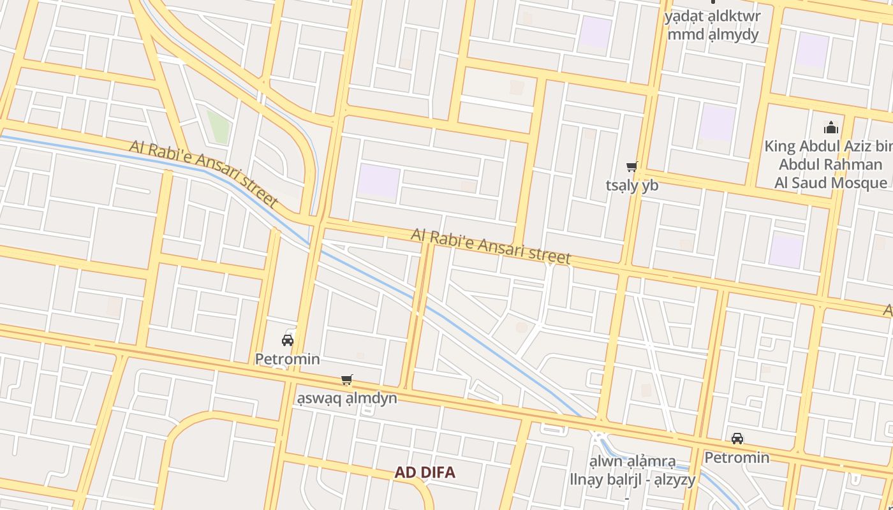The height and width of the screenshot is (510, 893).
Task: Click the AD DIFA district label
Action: pos(425,472)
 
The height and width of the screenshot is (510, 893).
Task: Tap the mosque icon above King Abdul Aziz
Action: pos(830,127)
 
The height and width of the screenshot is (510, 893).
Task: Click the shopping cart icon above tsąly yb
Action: pos(631,167)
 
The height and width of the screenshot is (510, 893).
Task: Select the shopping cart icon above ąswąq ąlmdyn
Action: pos(346,380)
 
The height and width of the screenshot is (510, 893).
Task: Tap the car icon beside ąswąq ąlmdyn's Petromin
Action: pos(288,340)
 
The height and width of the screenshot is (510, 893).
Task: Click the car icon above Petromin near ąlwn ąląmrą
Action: pos(737,439)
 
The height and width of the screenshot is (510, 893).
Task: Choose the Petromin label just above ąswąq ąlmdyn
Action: pos(287,359)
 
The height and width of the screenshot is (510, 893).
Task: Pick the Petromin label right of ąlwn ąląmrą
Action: pos(737,458)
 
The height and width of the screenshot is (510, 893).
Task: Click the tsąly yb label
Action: pos(631,186)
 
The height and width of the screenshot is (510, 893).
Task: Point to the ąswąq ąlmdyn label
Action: pos(346,398)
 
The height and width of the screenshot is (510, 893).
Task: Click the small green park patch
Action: pos(218,126)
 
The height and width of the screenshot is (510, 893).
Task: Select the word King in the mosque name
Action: pos(779,147)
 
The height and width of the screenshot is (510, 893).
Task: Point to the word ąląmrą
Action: pos(651,462)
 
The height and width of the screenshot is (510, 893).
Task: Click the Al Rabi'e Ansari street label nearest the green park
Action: pos(203,173)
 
